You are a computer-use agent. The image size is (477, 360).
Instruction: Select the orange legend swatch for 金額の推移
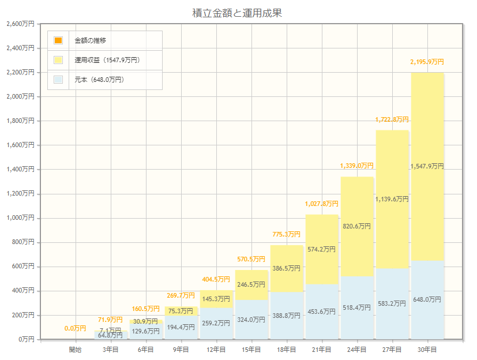coord(58,40)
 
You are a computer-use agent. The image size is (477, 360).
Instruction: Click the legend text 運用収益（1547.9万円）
coord(107,60)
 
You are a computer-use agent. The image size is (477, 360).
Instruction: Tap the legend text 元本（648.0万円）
coord(99,80)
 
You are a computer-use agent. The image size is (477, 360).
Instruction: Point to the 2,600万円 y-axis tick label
coord(20,24)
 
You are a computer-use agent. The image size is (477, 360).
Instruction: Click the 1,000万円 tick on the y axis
coord(20,218)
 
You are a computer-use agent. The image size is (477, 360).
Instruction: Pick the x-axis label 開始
coord(76,350)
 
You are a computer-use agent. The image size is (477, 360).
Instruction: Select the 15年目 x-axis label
coord(251,350)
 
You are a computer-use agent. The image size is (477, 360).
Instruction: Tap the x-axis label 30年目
coord(427,350)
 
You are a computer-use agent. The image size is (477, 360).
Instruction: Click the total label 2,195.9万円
coord(427,62)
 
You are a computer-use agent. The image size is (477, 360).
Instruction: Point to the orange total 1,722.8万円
coord(392,119)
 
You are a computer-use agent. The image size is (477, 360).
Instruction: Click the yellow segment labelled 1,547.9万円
coord(427,166)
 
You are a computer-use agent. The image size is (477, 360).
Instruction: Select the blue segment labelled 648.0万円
coord(427,299)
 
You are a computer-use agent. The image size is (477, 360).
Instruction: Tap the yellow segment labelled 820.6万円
coord(357,226)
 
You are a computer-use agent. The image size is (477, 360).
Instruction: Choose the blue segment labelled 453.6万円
coord(322,312)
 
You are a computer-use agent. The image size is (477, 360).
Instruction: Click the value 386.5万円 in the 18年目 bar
coord(287,268)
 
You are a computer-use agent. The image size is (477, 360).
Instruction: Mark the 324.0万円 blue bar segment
coord(251,319)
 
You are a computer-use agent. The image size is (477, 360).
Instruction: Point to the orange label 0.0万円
coord(76,328)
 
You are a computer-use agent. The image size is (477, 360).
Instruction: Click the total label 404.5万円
coord(216,279)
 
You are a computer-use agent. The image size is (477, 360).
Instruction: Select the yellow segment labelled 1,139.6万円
coord(392,199)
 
